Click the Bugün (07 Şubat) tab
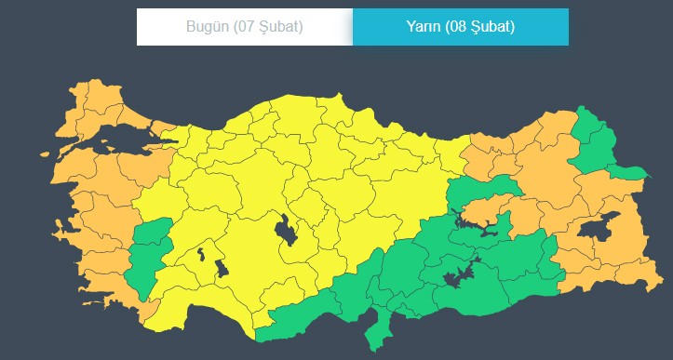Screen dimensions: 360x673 [244, 26]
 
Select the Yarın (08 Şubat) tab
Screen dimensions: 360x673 [460, 26]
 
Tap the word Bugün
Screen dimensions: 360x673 [206, 26]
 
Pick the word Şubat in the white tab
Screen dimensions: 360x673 [281, 26]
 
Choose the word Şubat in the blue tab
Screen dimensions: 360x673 [495, 26]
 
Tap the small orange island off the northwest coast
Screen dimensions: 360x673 [45, 153]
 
